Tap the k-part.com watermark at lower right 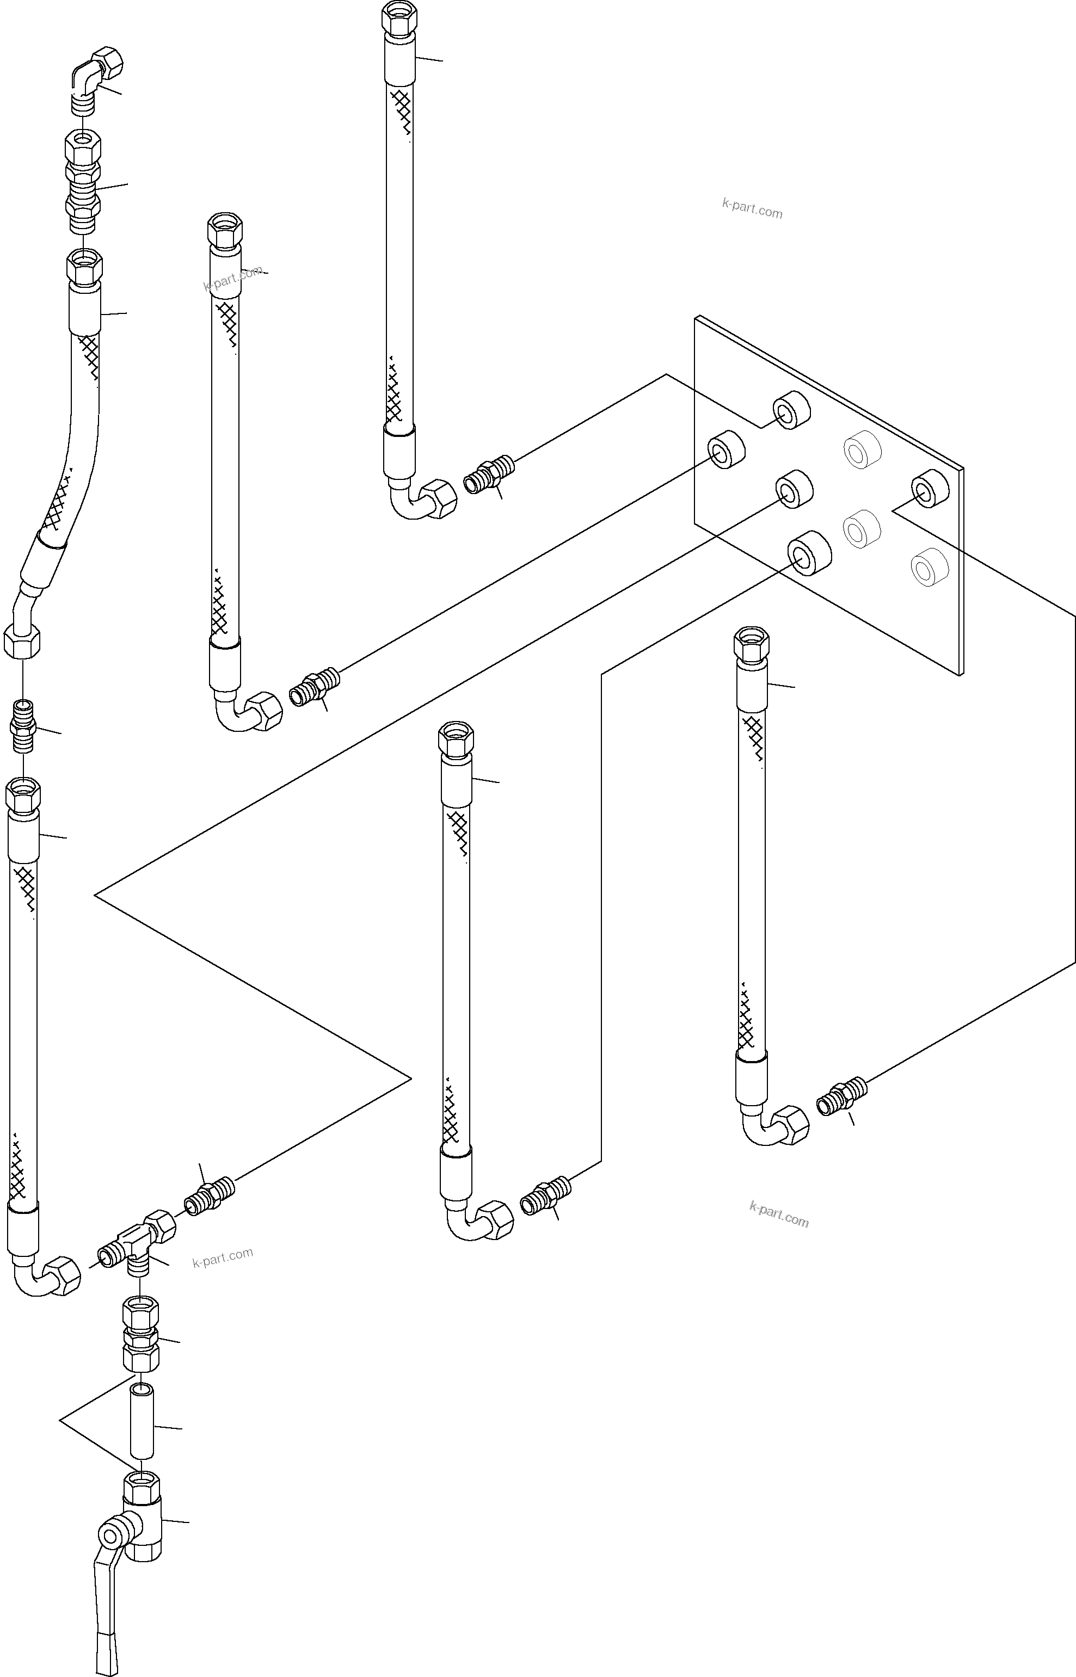tap(778, 1214)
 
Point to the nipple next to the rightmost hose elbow tap(841, 1096)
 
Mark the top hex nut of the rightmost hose tap(752, 645)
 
